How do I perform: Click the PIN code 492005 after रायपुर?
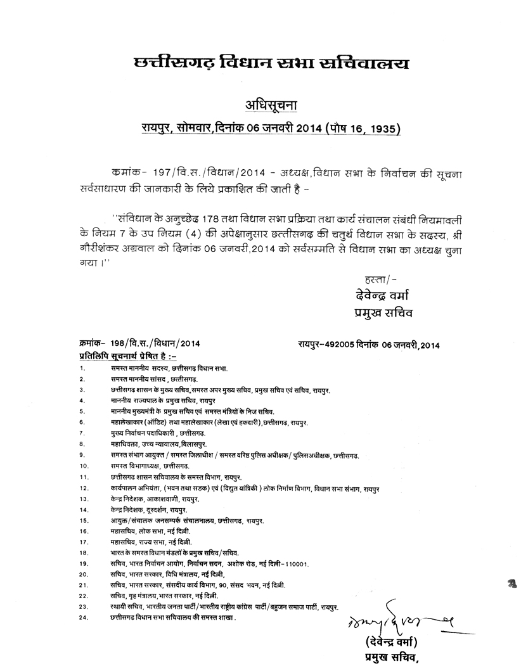coord(343,344)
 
